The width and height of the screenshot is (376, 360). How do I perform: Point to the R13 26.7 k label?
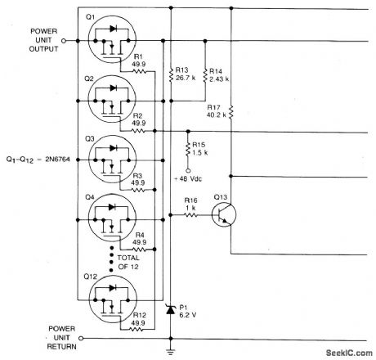(184, 74)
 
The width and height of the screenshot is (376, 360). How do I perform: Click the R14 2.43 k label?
(219, 74)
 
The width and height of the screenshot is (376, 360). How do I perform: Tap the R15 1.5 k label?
(199, 151)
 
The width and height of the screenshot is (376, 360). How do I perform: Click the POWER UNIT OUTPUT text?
(44, 38)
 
